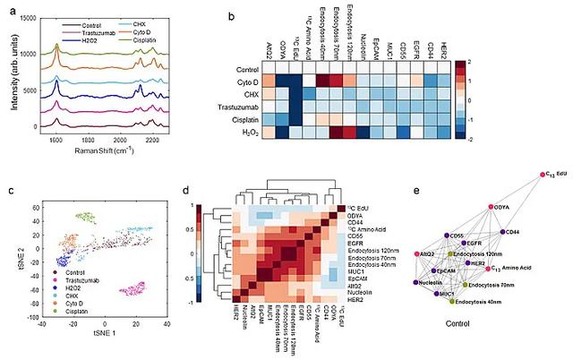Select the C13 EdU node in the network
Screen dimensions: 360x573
pyautogui.click(x=543, y=176)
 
